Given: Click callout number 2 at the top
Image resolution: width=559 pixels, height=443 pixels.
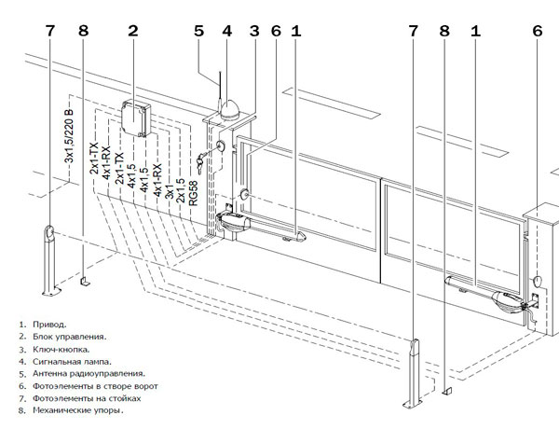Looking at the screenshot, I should pyautogui.click(x=133, y=31).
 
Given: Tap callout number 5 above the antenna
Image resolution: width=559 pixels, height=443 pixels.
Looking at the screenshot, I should pyautogui.click(x=198, y=31).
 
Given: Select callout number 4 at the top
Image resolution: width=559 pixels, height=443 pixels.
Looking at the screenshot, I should pyautogui.click(x=226, y=31).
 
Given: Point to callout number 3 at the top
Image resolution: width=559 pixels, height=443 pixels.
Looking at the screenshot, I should pyautogui.click(x=253, y=31).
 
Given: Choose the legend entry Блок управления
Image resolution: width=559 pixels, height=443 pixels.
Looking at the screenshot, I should pyautogui.click(x=64, y=337).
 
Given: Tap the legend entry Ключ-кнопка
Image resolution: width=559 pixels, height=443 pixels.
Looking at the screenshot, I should pyautogui.click(x=58, y=349).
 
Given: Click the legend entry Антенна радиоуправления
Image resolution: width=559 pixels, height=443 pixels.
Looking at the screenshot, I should pyautogui.click(x=80, y=373).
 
